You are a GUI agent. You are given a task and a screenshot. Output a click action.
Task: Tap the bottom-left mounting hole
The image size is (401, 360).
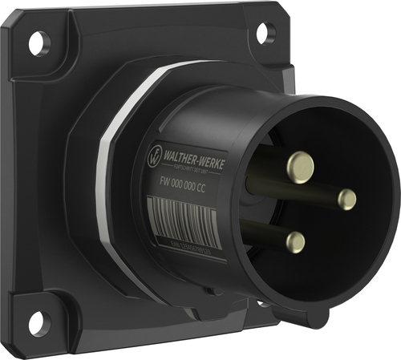pyautogui.click(x=34, y=323)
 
